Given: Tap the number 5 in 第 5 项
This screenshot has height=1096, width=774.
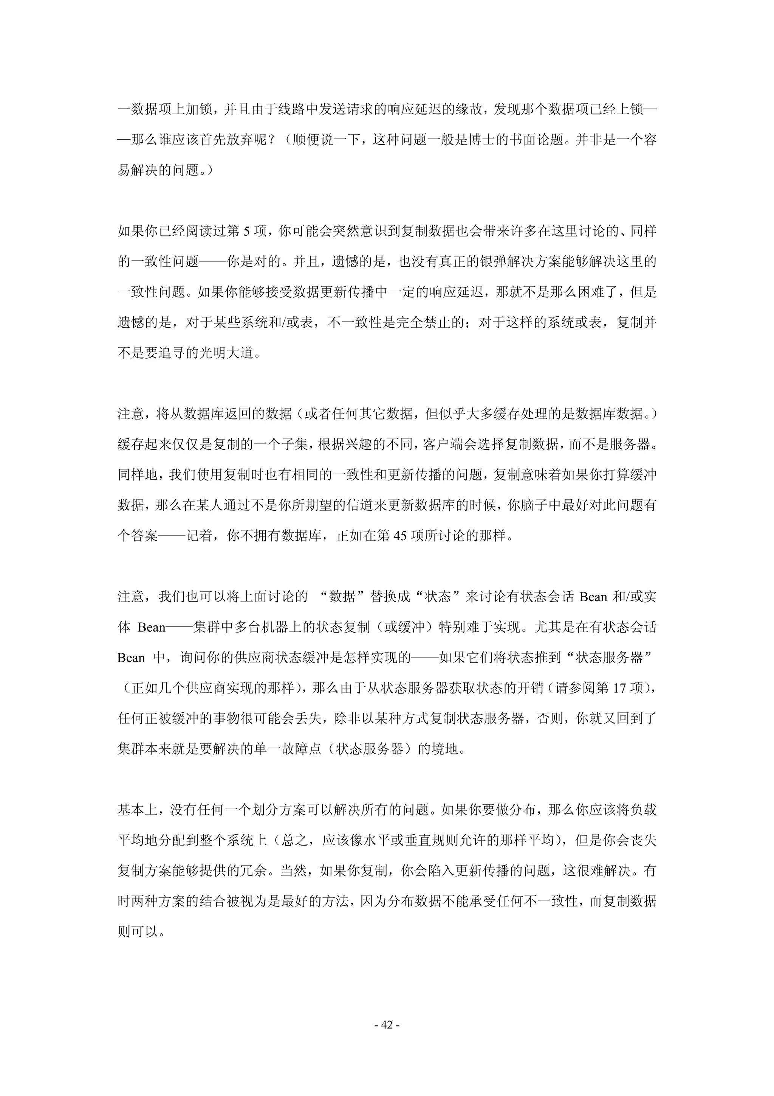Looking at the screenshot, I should point(246,232).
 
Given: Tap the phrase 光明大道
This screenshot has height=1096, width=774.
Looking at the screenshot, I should point(226,353).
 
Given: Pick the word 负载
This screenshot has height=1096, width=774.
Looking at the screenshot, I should point(643,810).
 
